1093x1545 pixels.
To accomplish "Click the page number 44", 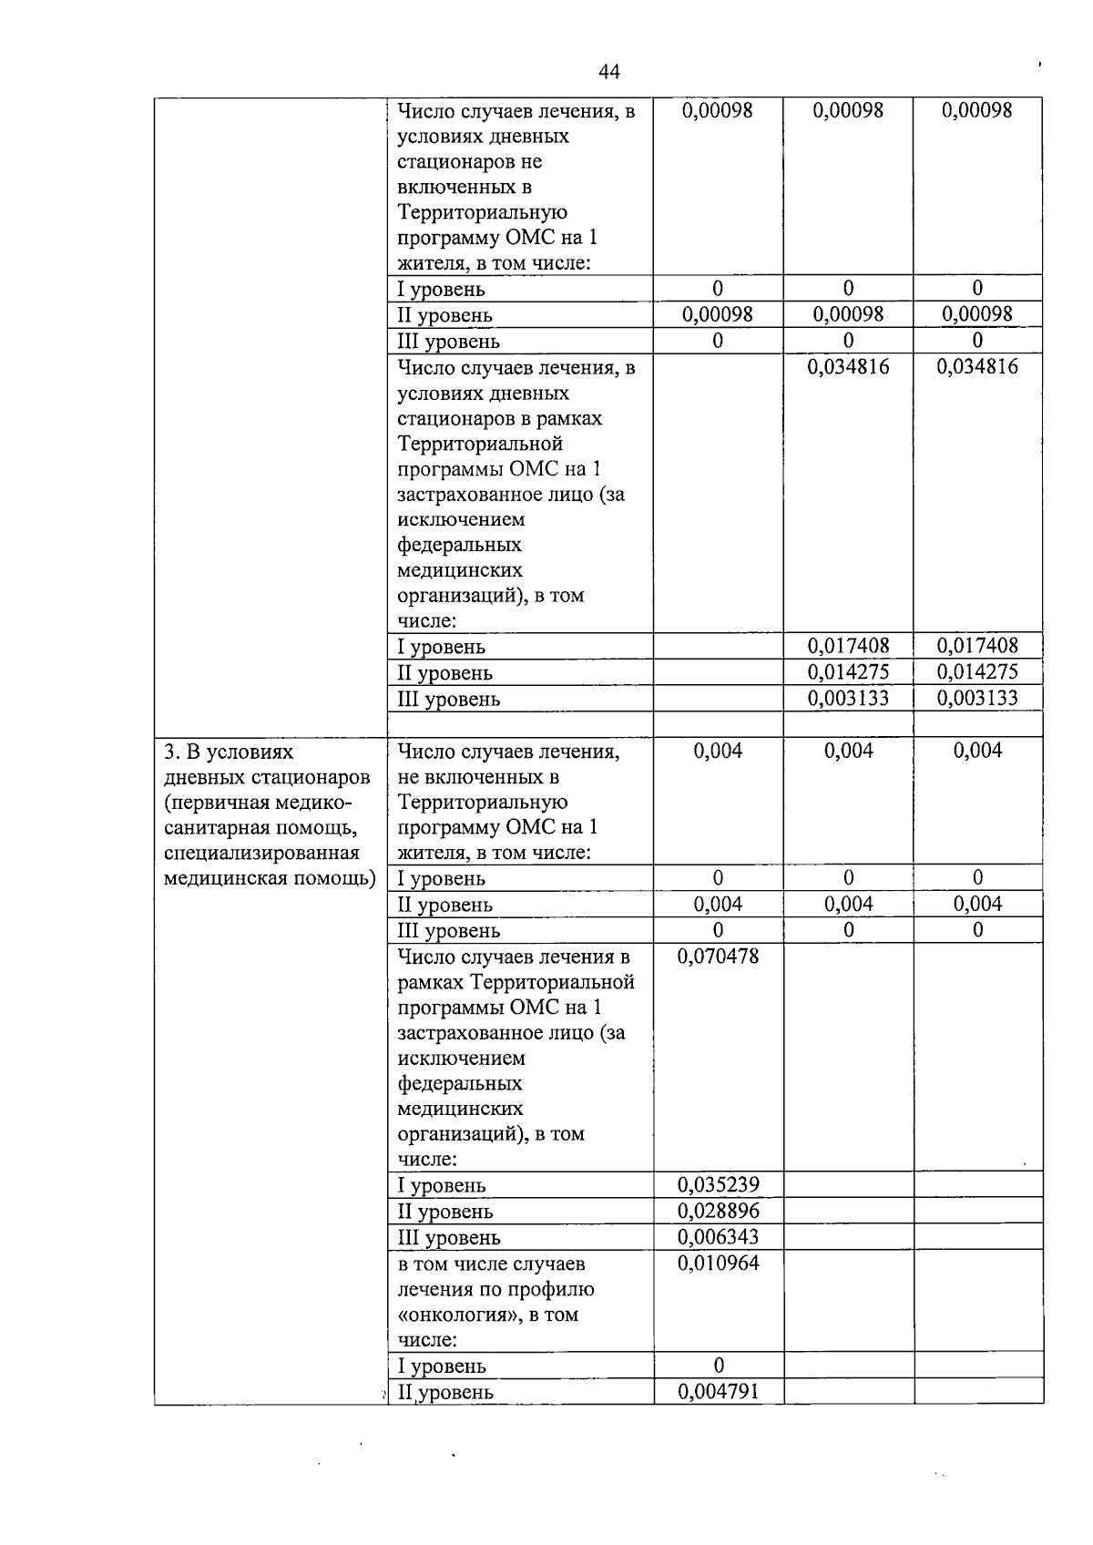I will (609, 72).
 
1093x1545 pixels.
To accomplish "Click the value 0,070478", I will (718, 957).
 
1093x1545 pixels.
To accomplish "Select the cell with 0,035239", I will (718, 1185).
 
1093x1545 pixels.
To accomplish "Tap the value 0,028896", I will (718, 1211).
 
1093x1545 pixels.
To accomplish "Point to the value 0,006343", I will (718, 1237).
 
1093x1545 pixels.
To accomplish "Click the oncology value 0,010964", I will (718, 1264).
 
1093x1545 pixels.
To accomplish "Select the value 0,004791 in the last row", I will (718, 1392).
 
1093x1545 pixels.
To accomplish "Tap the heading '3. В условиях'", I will (229, 752).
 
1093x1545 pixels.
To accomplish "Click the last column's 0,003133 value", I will (977, 699).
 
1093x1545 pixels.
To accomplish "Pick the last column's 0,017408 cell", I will (977, 647).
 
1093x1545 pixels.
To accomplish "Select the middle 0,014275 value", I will (848, 672).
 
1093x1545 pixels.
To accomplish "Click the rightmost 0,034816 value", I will (977, 367).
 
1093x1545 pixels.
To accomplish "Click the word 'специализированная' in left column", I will (262, 854).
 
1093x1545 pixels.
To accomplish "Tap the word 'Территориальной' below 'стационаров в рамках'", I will (480, 445).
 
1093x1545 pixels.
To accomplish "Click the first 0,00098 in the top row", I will (718, 110).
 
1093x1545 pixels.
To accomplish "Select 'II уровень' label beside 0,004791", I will (445, 1393).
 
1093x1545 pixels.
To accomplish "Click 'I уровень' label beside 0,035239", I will (442, 1186).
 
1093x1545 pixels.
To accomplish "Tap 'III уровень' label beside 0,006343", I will (449, 1238).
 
